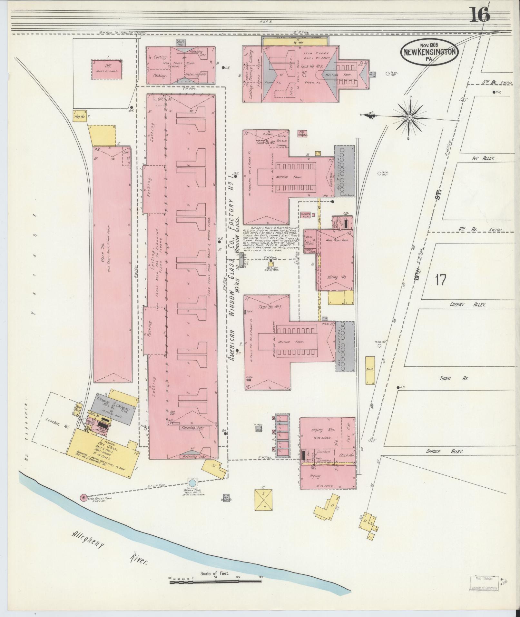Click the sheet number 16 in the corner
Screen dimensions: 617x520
coord(479,15)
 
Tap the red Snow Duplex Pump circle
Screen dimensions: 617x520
coord(83,507)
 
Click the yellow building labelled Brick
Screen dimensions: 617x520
coord(370,370)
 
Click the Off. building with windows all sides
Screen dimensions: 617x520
coord(107,69)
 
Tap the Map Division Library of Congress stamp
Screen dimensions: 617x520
coord(484,583)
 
